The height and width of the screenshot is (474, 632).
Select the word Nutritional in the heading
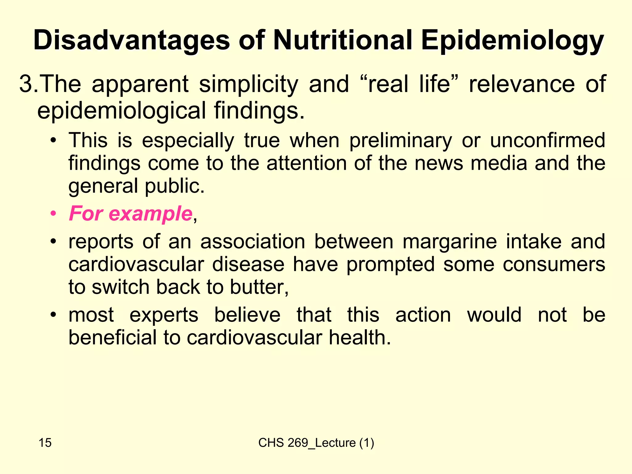(343, 40)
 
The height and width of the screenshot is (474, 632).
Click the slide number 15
(45, 443)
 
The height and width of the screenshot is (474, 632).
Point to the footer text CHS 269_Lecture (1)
(316, 443)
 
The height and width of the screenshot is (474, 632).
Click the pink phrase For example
(131, 213)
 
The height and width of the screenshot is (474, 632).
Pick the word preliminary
(401, 141)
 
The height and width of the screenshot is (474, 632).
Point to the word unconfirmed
(547, 141)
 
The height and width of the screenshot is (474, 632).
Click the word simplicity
(248, 84)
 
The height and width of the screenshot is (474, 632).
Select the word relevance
(522, 84)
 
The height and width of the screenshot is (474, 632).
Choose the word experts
(164, 315)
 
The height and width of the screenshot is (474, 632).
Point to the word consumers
(554, 264)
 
